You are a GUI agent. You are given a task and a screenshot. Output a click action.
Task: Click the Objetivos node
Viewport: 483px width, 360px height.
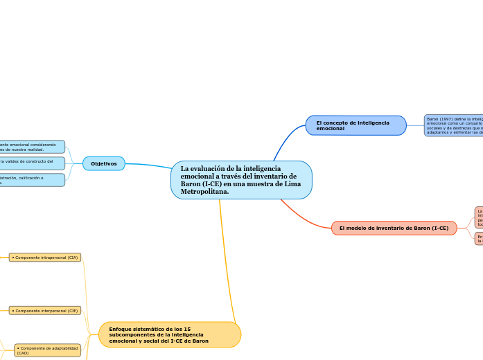pos(104,163)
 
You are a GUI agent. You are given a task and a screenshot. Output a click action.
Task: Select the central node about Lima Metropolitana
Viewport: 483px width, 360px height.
pos(241,180)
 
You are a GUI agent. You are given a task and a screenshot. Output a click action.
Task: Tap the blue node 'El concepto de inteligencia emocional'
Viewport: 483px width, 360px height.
pos(355,125)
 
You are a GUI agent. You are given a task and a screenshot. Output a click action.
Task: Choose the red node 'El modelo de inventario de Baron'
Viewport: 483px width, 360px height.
pos(394,228)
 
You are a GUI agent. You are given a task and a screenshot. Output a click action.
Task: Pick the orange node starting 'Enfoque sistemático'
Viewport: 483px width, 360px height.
pos(170,334)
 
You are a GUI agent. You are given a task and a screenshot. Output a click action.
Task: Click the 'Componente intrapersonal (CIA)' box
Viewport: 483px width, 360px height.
pos(45,258)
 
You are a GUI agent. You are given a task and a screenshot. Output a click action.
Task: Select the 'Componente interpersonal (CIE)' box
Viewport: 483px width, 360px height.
pos(45,311)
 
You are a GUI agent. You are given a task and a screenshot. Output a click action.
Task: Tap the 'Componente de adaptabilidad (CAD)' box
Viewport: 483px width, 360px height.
pos(47,350)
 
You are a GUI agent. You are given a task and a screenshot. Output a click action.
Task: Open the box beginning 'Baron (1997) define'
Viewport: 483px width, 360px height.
pos(453,125)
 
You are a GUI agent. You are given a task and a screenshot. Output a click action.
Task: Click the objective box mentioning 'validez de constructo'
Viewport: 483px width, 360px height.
pos(32,163)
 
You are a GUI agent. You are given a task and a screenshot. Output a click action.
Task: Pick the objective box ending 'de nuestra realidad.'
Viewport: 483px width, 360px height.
pos(32,147)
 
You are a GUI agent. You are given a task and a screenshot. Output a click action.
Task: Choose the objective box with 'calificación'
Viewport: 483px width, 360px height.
pos(32,180)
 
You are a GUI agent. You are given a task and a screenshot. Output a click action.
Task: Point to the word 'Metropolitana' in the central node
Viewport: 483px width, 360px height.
pos(204,192)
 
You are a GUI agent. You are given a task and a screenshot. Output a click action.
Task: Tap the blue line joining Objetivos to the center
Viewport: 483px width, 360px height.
pos(149,165)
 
